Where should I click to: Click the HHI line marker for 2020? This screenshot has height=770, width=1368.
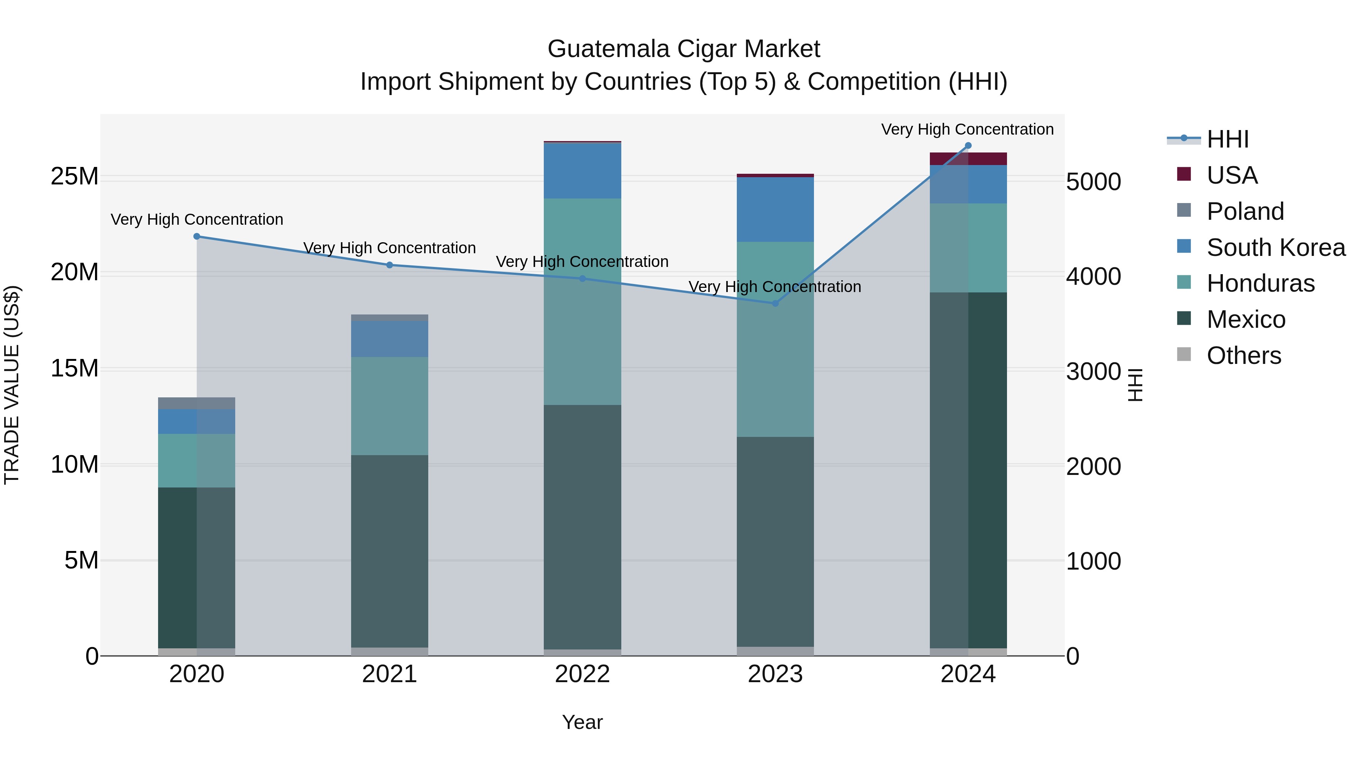(196, 237)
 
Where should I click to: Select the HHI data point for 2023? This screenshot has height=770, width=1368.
(775, 303)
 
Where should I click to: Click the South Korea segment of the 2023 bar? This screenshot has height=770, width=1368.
(775, 210)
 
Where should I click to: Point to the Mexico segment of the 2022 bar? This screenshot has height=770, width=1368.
(582, 526)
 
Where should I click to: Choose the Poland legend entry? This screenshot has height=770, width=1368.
(1245, 211)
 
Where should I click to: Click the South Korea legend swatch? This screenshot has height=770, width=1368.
(1184, 246)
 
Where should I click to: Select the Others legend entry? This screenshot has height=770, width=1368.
(1243, 356)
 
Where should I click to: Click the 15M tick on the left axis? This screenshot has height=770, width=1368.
(74, 368)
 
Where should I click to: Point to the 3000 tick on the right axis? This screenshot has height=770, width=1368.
(1093, 372)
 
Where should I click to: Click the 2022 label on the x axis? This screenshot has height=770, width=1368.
(582, 674)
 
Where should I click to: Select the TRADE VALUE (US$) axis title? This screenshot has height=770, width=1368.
(12, 385)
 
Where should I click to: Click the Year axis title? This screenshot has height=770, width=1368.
(582, 722)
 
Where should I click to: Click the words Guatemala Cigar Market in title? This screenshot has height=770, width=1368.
(684, 49)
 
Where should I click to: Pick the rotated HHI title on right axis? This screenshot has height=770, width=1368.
(1135, 385)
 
